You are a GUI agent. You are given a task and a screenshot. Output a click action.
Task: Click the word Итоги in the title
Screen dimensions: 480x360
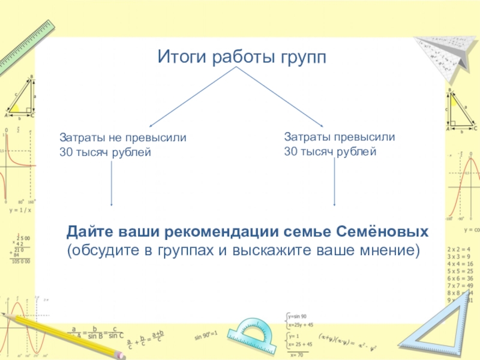pyautogui.click(x=178, y=58)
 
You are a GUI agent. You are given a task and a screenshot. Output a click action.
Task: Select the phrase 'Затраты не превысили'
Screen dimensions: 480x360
pyautogui.click(x=123, y=137)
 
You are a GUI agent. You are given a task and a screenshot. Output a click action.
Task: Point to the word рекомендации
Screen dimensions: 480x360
pyautogui.click(x=225, y=232)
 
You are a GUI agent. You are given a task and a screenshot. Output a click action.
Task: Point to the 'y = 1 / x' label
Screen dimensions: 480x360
pyautogui.click(x=20, y=211)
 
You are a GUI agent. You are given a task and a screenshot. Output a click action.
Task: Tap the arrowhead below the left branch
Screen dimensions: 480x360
pyautogui.click(x=112, y=205)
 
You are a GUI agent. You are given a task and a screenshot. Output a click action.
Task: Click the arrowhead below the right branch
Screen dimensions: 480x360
pyautogui.click(x=334, y=205)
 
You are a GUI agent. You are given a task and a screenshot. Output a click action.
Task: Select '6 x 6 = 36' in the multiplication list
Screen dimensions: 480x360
pyautogui.click(x=460, y=279)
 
